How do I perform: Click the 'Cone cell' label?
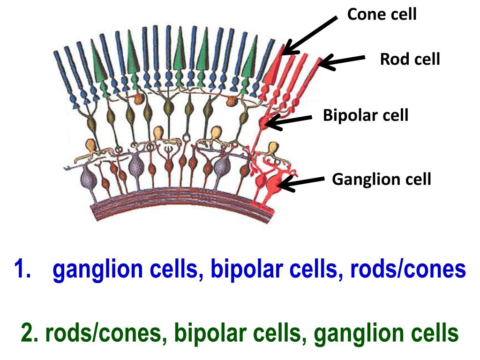(382, 14)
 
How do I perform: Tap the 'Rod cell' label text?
(410, 59)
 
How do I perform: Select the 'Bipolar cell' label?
(366, 115)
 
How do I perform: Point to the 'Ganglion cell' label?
(382, 180)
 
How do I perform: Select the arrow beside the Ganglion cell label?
(300, 183)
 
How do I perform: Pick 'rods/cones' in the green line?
(104, 333)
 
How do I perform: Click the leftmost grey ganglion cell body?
(89, 179)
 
